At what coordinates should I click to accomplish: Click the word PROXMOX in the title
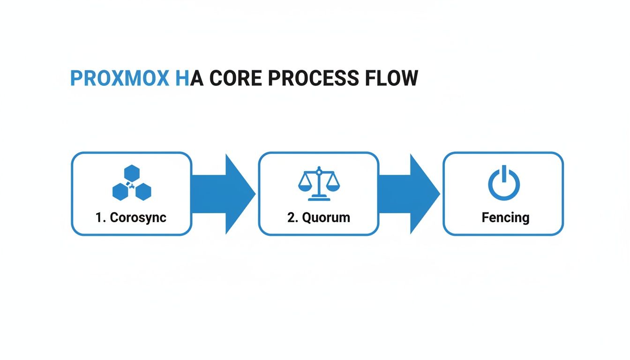(120, 78)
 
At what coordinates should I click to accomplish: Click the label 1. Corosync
(131, 217)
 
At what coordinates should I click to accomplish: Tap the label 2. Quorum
(318, 217)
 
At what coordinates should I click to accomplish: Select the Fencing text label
(505, 217)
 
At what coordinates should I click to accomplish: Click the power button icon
(504, 183)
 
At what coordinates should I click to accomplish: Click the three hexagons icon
(132, 183)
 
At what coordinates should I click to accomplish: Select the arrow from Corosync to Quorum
(224, 193)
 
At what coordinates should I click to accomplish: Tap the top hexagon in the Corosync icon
(132, 173)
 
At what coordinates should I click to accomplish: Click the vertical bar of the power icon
(504, 173)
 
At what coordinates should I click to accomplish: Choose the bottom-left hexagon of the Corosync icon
(120, 191)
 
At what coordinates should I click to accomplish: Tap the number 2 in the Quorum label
(290, 217)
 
